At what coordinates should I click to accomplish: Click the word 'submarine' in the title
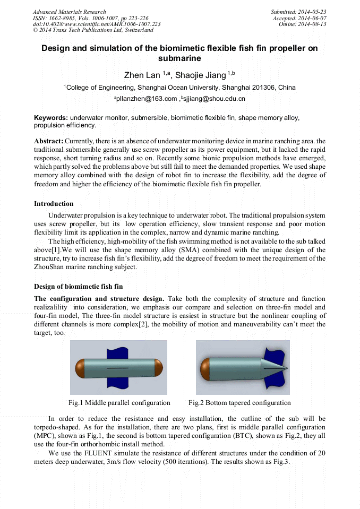click(179, 58)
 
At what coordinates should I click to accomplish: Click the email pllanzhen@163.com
click(147, 99)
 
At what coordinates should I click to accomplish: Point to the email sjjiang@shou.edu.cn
click(215, 99)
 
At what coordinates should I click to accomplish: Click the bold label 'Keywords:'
click(51, 118)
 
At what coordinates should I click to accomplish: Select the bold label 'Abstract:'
click(49, 141)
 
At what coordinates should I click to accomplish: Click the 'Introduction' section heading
click(54, 204)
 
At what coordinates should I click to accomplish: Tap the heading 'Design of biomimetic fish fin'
click(78, 287)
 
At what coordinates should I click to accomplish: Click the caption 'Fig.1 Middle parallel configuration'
click(119, 403)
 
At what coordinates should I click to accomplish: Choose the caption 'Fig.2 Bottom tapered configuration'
click(239, 403)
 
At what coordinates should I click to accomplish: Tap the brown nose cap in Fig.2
click(205, 368)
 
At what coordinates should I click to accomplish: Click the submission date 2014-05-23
click(312, 12)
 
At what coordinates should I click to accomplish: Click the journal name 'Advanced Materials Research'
click(69, 12)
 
